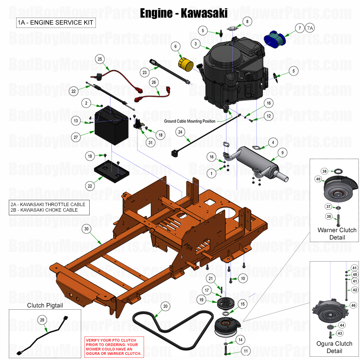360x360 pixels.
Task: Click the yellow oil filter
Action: pos(186,65)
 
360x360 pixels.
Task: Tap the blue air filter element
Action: pos(279,39)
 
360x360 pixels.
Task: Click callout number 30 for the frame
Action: pos(87,229)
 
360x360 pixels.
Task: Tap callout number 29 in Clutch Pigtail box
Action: pos(42,320)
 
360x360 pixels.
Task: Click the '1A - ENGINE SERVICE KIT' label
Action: pos(55,23)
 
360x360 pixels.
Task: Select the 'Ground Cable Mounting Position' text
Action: pos(190,121)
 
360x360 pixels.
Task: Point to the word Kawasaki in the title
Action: pos(205,13)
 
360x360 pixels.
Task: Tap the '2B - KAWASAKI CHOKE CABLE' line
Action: pos(44,210)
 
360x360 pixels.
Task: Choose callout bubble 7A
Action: pos(310,28)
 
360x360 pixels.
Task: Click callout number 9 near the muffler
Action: pos(282,152)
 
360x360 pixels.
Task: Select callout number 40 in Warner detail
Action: pos(318,179)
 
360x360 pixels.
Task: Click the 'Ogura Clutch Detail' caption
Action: pos(334,347)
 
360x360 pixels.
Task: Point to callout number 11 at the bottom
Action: pos(245,351)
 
